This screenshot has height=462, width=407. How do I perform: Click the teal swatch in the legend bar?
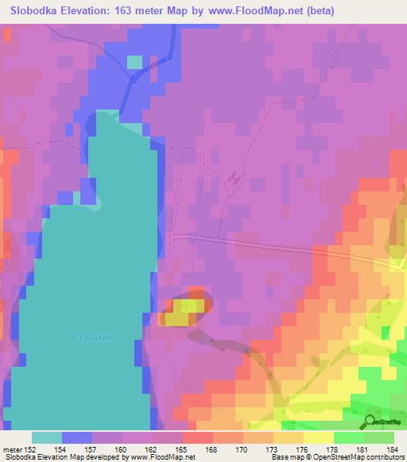click(x=47, y=437)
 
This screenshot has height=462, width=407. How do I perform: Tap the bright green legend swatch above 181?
click(x=348, y=437)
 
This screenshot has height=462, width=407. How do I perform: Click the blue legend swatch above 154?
click(x=77, y=437)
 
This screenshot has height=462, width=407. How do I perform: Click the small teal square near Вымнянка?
click(x=134, y=62)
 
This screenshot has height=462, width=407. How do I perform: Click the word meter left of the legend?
click(x=12, y=450)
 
